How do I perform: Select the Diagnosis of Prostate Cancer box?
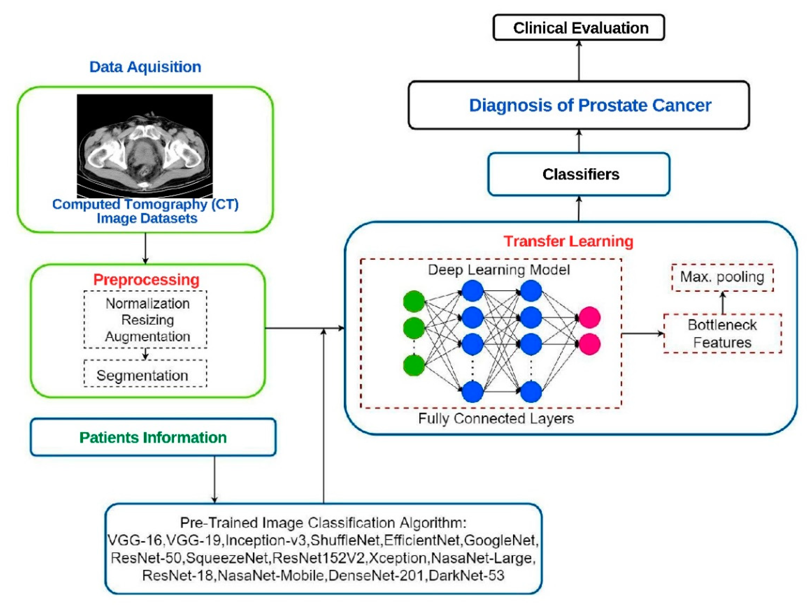point(578,105)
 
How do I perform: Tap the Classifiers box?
point(578,174)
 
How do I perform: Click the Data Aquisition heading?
point(145,67)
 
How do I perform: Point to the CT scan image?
point(144,146)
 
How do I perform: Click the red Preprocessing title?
point(146,280)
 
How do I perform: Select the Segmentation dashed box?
point(145,375)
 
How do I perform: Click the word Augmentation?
point(147,336)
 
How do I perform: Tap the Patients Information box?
point(153,437)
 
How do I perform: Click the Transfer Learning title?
point(568,241)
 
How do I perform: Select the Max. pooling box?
point(722,277)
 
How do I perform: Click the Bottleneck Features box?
point(722,334)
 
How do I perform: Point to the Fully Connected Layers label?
point(496,418)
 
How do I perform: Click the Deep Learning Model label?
point(499,270)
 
